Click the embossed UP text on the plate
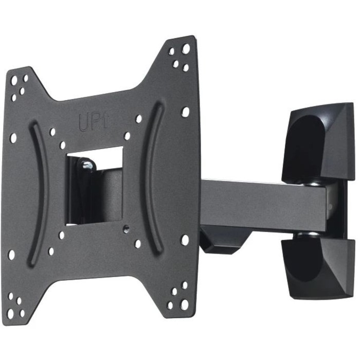tap(94, 122)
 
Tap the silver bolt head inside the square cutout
tap(87, 165)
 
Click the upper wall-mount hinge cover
tap(318, 142)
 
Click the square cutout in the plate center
tap(94, 186)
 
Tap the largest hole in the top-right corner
tap(186, 48)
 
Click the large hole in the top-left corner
tap(14, 80)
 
